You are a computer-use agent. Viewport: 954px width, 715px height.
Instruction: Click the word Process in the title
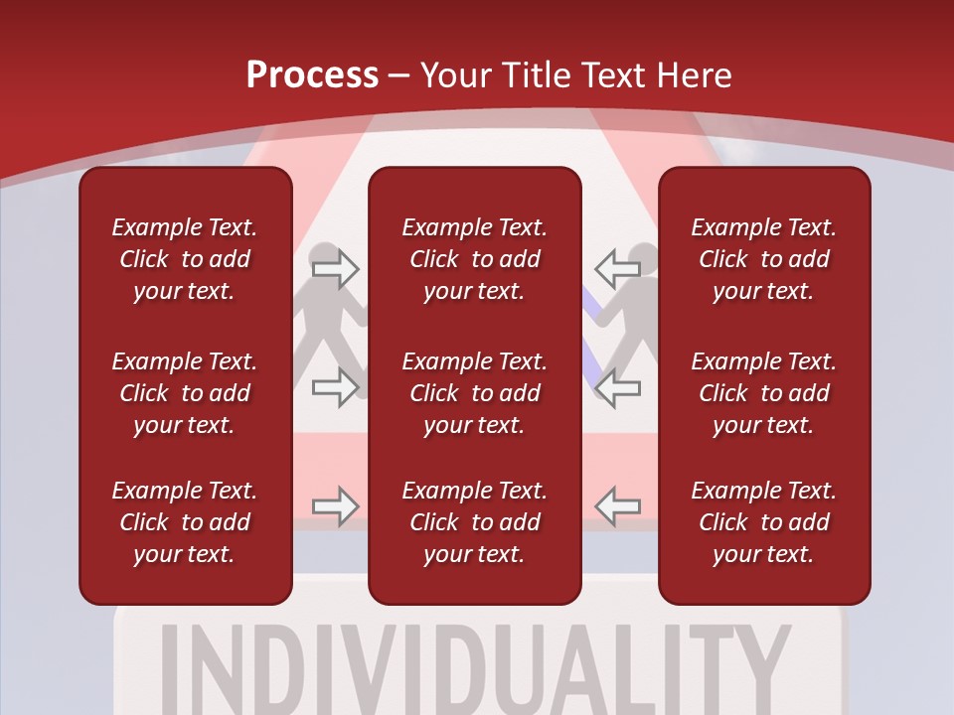pyautogui.click(x=312, y=75)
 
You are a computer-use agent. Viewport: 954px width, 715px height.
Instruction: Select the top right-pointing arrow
pyautogui.click(x=335, y=268)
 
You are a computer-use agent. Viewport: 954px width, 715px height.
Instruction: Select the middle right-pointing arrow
pyautogui.click(x=335, y=386)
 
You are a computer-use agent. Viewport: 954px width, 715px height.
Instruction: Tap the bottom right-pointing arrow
pyautogui.click(x=335, y=506)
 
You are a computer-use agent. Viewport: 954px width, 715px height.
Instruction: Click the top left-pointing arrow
pyautogui.click(x=617, y=268)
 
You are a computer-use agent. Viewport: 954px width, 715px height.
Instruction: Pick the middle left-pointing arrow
pyautogui.click(x=617, y=386)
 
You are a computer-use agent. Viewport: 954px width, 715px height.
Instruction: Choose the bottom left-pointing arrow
pyautogui.click(x=617, y=506)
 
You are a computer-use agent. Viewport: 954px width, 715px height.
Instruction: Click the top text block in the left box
pyautogui.click(x=185, y=259)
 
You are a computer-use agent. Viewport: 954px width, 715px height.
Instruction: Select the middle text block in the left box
pyautogui.click(x=185, y=393)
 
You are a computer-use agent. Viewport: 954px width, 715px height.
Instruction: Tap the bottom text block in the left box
pyautogui.click(x=185, y=522)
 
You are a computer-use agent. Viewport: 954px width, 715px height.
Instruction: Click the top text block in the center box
pyautogui.click(x=474, y=259)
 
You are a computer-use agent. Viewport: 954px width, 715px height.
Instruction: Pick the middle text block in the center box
pyautogui.click(x=474, y=393)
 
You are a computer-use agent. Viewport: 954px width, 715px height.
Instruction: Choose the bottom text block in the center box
pyautogui.click(x=474, y=522)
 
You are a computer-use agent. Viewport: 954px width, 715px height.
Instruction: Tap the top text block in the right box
pyautogui.click(x=763, y=259)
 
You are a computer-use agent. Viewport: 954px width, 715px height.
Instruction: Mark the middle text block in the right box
pyautogui.click(x=763, y=393)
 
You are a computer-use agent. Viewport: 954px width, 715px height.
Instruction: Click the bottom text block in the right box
pyautogui.click(x=763, y=522)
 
